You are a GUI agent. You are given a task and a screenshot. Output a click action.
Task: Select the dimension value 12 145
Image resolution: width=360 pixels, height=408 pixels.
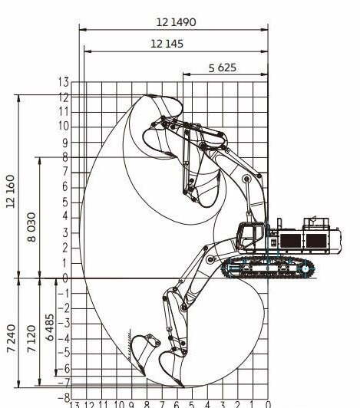167,44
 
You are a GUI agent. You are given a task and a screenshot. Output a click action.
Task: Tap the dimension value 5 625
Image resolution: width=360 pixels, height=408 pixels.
223,67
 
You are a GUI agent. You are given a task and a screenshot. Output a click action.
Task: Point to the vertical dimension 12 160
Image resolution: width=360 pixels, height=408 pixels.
11,186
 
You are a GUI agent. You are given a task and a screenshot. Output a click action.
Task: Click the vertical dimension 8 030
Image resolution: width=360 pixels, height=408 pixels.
31,218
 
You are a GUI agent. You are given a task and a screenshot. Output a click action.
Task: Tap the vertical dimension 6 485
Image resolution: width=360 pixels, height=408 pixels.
51,330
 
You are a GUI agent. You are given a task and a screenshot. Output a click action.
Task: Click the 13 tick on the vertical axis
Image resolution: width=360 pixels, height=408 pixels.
64,82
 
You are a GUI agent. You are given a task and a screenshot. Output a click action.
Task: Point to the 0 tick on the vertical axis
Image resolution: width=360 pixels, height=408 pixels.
65,278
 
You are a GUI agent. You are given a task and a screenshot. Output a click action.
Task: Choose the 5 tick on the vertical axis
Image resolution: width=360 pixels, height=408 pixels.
65,202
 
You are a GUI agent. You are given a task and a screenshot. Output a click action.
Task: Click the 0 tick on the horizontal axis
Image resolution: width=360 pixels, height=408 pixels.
268,404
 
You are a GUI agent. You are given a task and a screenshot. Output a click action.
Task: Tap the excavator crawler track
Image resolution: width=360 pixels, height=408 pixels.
265,269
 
